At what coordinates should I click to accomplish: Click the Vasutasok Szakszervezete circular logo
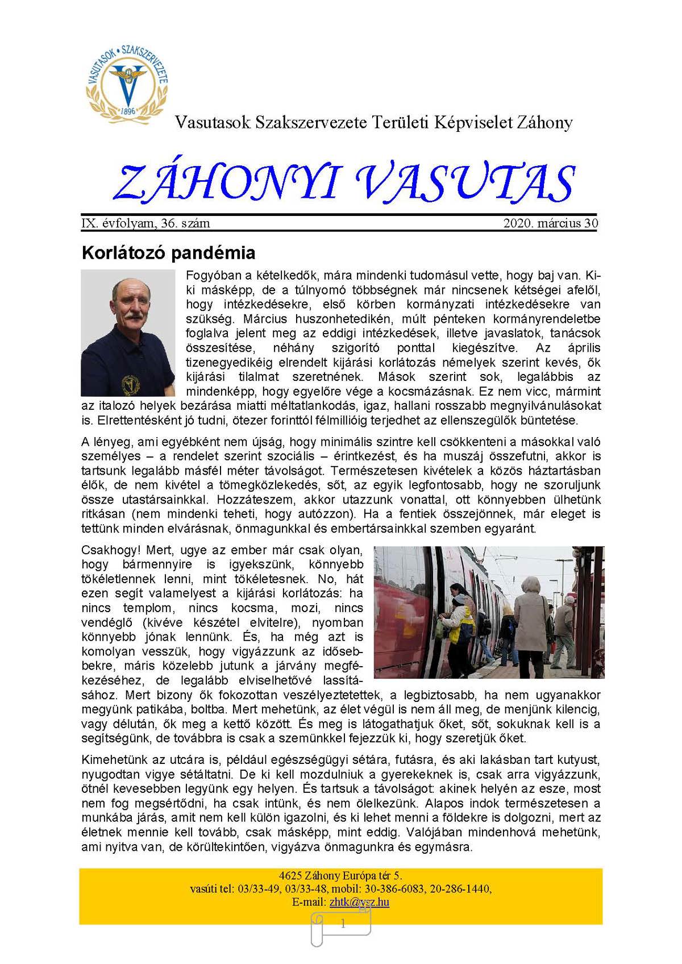[127, 79]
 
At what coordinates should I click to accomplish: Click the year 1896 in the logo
[128, 111]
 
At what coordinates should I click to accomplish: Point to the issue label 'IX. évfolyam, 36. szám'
[146, 223]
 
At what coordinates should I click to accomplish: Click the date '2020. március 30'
[550, 223]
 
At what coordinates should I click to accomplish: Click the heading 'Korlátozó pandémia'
[168, 252]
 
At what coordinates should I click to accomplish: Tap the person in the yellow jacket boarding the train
[458, 620]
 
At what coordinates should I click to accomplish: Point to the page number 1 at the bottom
[343, 924]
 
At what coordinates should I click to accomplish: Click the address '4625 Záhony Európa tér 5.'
[340, 875]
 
